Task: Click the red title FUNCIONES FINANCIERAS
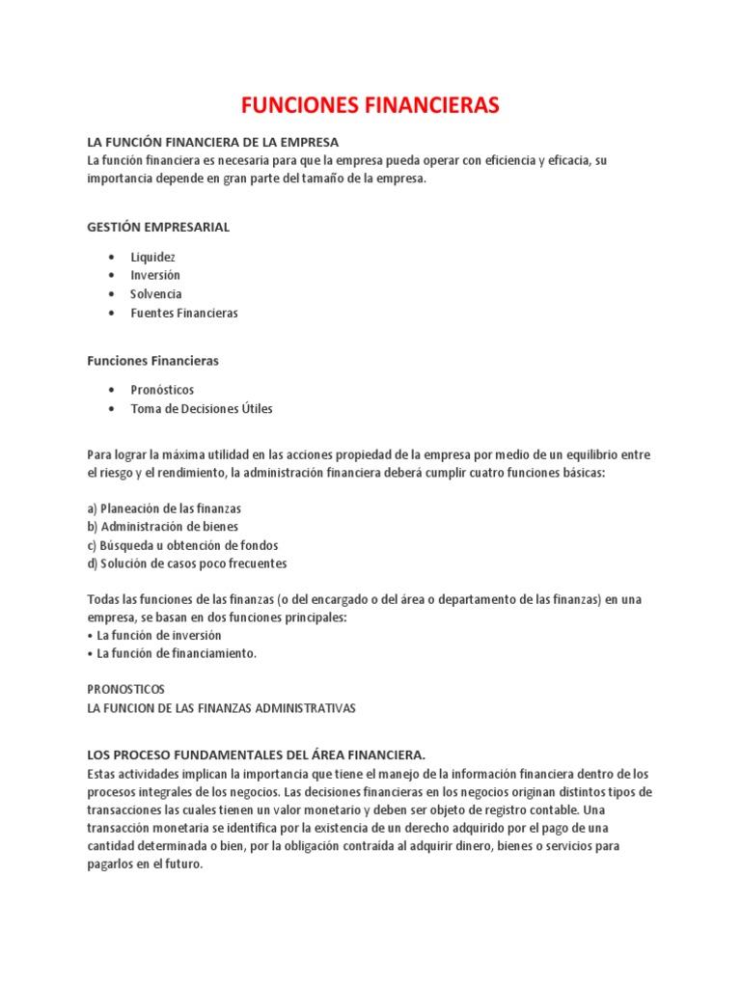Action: coord(370,105)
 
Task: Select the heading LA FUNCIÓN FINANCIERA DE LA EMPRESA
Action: coord(212,143)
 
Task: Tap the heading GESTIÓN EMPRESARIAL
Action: coord(158,227)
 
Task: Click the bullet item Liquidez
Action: coord(152,257)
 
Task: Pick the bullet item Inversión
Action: coord(155,275)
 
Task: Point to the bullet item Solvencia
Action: coord(156,294)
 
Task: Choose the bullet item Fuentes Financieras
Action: coord(184,313)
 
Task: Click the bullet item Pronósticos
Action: coord(162,390)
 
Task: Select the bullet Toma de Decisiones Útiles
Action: coord(202,408)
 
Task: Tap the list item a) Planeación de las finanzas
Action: coord(164,508)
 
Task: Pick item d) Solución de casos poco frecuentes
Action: coord(187,563)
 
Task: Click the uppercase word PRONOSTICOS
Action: coord(126,690)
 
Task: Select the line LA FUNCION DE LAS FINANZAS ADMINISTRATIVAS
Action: coord(221,708)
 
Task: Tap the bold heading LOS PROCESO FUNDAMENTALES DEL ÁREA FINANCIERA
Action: coord(256,755)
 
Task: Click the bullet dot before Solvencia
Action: coord(112,294)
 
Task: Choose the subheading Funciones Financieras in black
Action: coord(152,361)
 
